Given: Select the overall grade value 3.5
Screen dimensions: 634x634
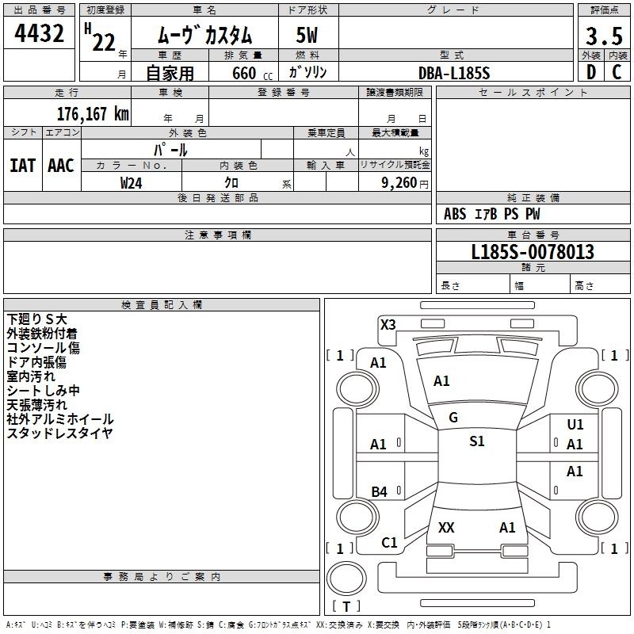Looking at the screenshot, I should coord(603,36).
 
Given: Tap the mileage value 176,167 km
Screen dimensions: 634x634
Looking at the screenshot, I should coord(93,113).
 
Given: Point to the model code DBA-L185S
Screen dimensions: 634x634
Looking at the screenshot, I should coord(455,73).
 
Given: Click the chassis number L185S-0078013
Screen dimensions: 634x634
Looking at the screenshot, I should coord(533,252).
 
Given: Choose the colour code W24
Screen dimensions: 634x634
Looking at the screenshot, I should coord(132,182).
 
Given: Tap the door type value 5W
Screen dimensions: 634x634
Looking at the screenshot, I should coord(308,36).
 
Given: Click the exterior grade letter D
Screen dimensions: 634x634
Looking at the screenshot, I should coord(590,72).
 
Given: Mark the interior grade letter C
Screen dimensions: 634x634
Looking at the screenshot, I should coord(617,72).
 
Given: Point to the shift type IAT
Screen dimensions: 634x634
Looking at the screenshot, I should coord(22,166).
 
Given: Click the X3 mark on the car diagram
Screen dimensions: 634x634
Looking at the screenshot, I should coord(388,324).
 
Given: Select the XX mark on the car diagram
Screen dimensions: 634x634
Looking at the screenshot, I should coord(446,528).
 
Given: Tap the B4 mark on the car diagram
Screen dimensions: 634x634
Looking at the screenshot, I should coord(380,492).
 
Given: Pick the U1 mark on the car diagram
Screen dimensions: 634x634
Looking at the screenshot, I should coord(575,426).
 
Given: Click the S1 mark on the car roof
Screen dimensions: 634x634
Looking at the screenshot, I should coord(476,441).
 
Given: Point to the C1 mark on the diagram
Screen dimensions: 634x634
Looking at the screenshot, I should coord(389,543).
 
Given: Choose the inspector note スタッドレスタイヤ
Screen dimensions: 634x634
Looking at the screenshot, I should coord(60,433).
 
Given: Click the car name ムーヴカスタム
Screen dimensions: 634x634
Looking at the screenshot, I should coord(204,36).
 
